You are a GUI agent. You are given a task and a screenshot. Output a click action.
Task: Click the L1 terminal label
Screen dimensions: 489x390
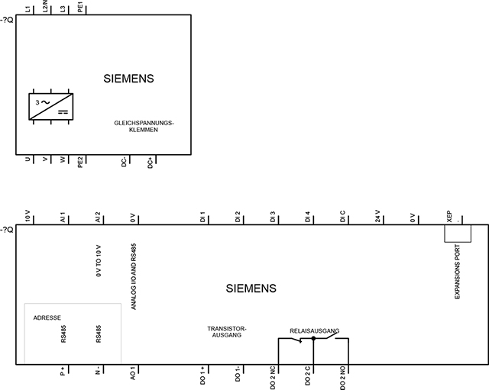coord(28,9)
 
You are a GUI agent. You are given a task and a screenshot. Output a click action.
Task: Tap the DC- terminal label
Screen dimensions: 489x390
coord(124,163)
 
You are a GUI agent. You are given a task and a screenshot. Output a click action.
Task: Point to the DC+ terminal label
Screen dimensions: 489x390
coord(151,163)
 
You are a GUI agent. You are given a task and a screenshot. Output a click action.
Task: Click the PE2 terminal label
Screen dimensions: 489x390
coord(80,163)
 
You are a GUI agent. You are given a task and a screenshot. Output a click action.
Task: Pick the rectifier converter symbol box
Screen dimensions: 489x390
coord(51,106)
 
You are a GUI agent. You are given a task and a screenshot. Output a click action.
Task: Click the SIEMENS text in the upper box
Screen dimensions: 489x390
coord(129,79)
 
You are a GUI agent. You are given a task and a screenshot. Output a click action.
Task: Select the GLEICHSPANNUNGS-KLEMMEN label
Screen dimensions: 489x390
coord(144,127)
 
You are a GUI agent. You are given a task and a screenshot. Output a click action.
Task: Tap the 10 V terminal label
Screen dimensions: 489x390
coord(28,216)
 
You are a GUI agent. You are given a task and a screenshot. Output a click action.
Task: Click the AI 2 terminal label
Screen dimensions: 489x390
coord(98,217)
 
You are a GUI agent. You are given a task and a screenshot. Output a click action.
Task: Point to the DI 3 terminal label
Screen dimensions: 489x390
coord(273,217)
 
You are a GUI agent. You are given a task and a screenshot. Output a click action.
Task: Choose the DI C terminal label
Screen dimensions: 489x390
coord(342,217)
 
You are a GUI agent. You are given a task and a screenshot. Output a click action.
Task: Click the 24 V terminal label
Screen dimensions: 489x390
coord(377,216)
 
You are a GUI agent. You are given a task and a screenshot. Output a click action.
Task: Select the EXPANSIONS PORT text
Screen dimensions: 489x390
coord(457,272)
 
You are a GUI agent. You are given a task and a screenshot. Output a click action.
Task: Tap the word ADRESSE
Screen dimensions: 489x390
coord(47,317)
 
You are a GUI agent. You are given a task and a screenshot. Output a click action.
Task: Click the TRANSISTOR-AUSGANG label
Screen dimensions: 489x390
coord(227,332)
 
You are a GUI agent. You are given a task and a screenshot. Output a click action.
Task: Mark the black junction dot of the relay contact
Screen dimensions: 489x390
coord(313,338)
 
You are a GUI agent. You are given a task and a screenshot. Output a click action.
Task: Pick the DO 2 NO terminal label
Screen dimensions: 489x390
coord(342,378)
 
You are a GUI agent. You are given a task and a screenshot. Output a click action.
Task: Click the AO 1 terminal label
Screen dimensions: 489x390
coord(133,373)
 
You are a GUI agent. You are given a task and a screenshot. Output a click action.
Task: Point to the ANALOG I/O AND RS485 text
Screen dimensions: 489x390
coord(134,276)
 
